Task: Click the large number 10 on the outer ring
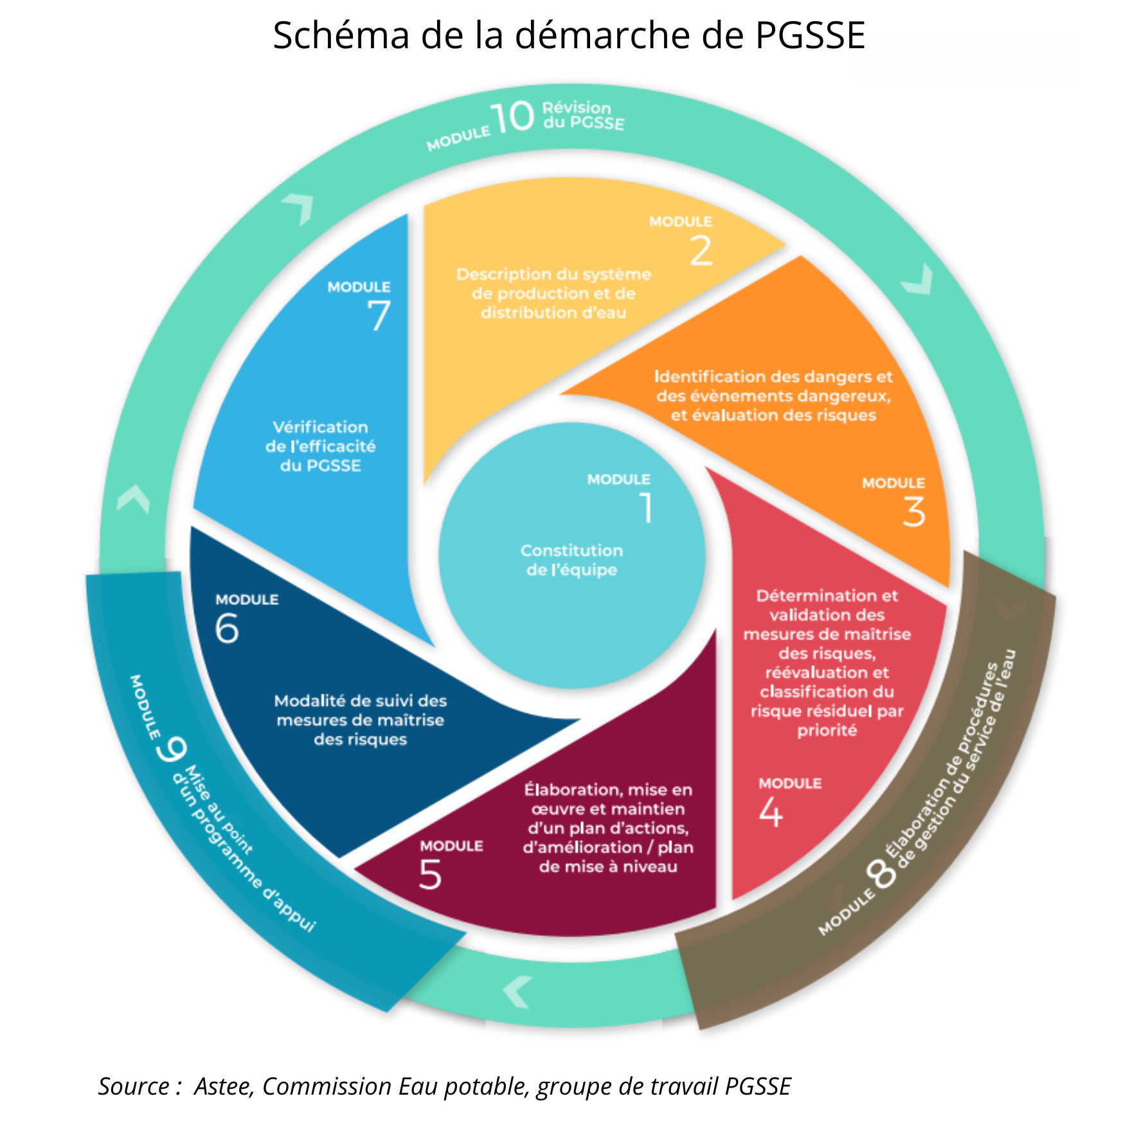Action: click(512, 118)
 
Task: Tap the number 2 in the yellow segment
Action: click(701, 251)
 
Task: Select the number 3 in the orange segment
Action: click(914, 512)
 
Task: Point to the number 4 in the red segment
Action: click(771, 812)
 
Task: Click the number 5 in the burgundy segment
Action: click(430, 875)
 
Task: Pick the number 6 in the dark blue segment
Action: click(227, 628)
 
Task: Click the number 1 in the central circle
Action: click(646, 508)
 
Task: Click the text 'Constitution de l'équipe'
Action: click(571, 560)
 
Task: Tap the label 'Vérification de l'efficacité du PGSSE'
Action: click(320, 446)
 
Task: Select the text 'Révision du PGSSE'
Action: click(582, 116)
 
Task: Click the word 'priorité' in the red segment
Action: click(827, 730)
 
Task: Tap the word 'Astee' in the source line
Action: click(224, 1086)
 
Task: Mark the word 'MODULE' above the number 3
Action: click(893, 483)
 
